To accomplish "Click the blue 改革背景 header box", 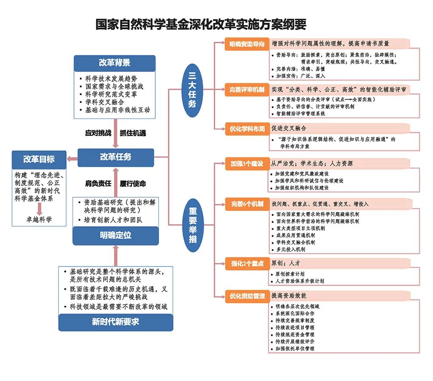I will pos(115,63).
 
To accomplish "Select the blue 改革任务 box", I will pos(115,157).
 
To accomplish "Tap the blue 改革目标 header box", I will pos(39,160).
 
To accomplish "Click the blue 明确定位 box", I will pos(115,235).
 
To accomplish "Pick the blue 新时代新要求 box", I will pos(115,322).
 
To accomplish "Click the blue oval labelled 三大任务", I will pos(192,91).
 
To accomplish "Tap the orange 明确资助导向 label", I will pos(247,44).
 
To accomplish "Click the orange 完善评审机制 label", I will pos(247,90).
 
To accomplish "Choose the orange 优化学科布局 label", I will pos(247,129).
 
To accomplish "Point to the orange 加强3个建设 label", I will pos(247,163).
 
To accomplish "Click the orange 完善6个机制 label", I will pos(247,204).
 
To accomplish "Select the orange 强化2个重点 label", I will pos(247,264).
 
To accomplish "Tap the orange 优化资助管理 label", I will pos(247,296).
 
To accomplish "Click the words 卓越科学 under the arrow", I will pos(39,220).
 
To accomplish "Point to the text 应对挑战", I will pos(98,133).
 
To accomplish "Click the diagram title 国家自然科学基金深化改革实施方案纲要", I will pos(201,24).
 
